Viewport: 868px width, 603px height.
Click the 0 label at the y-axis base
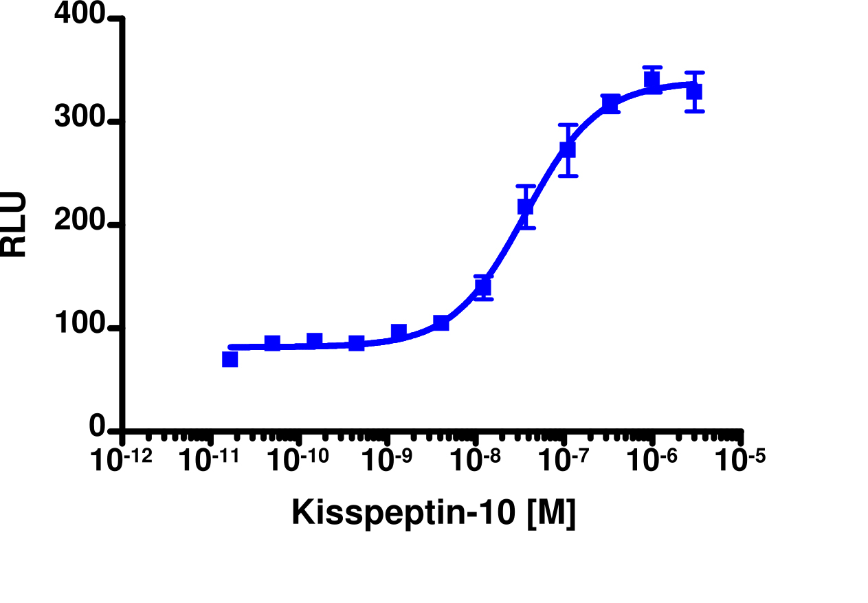pyautogui.click(x=98, y=428)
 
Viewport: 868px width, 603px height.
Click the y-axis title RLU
pyautogui.click(x=14, y=224)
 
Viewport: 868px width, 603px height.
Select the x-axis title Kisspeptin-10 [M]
pyautogui.click(x=433, y=513)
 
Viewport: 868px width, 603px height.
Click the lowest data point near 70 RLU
pyautogui.click(x=230, y=359)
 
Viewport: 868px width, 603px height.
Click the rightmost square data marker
pyautogui.click(x=694, y=91)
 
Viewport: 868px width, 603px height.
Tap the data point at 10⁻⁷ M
pyautogui.click(x=568, y=149)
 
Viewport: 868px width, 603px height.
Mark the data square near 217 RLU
pyautogui.click(x=526, y=206)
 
